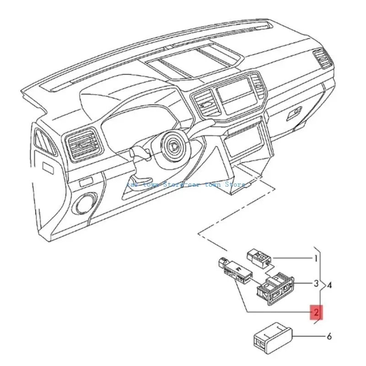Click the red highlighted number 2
point(316,312)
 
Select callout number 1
point(316,258)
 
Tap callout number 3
point(316,283)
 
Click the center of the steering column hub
point(174,146)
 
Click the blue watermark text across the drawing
point(185,184)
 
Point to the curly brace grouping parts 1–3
point(323,286)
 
